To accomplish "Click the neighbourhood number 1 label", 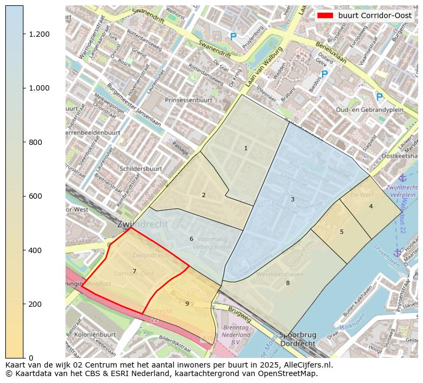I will [246, 148].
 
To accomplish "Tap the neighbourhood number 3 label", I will [292, 199].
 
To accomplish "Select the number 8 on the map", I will [288, 283].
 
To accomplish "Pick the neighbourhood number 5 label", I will [371, 206].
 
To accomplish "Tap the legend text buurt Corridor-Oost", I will [375, 15].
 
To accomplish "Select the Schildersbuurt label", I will [141, 168].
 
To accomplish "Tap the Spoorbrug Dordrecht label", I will [298, 339].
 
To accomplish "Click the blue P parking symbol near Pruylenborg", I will [233, 37].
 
